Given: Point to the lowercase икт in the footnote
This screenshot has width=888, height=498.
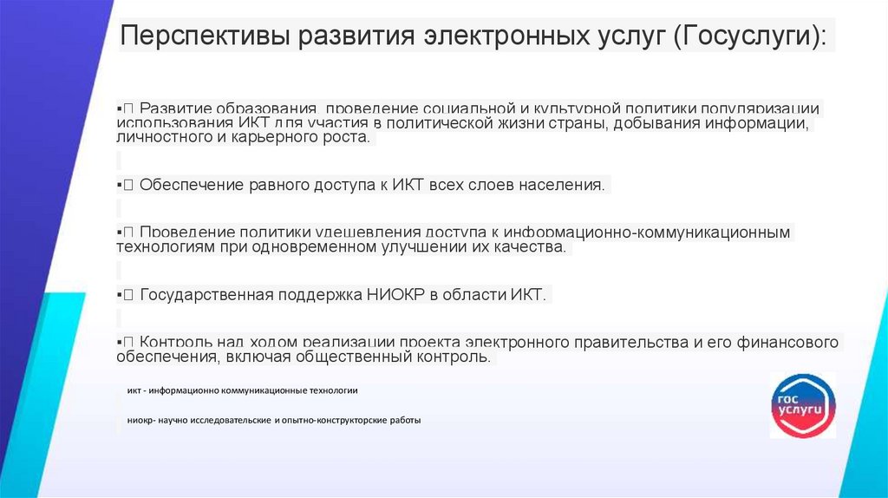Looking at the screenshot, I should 134,390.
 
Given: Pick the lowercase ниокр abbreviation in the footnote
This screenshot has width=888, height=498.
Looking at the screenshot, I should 140,420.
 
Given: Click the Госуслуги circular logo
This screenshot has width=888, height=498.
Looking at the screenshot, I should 803,404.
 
